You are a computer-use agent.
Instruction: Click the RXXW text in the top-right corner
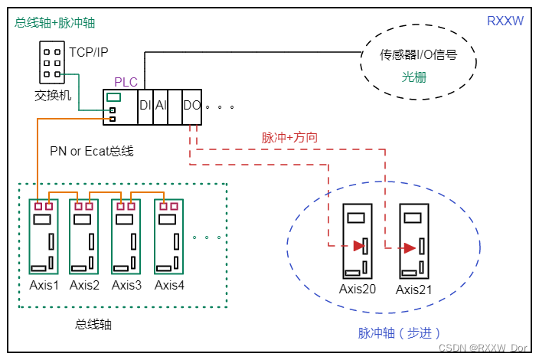pyautogui.click(x=505, y=21)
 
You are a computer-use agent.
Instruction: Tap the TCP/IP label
pyautogui.click(x=89, y=52)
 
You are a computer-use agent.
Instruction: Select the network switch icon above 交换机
pyautogui.click(x=52, y=63)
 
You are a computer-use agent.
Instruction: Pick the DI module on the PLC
pyautogui.click(x=145, y=106)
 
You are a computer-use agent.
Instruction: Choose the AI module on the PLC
pyautogui.click(x=161, y=106)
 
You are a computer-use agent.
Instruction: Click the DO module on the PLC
pyautogui.click(x=191, y=106)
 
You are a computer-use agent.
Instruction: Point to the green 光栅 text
pyautogui.click(x=414, y=77)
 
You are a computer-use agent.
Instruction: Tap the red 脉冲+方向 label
pyautogui.click(x=289, y=138)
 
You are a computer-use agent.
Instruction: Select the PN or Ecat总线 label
pyautogui.click(x=92, y=151)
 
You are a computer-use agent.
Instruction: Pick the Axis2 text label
pyautogui.click(x=84, y=286)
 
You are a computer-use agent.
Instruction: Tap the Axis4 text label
pyautogui.click(x=169, y=286)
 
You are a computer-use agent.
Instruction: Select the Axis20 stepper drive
pyautogui.click(x=358, y=241)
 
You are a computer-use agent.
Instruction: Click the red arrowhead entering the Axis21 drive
pyautogui.click(x=410, y=247)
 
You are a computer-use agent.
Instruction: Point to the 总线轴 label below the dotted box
pyautogui.click(x=93, y=324)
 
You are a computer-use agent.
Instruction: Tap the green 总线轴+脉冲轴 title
pyautogui.click(x=55, y=23)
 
